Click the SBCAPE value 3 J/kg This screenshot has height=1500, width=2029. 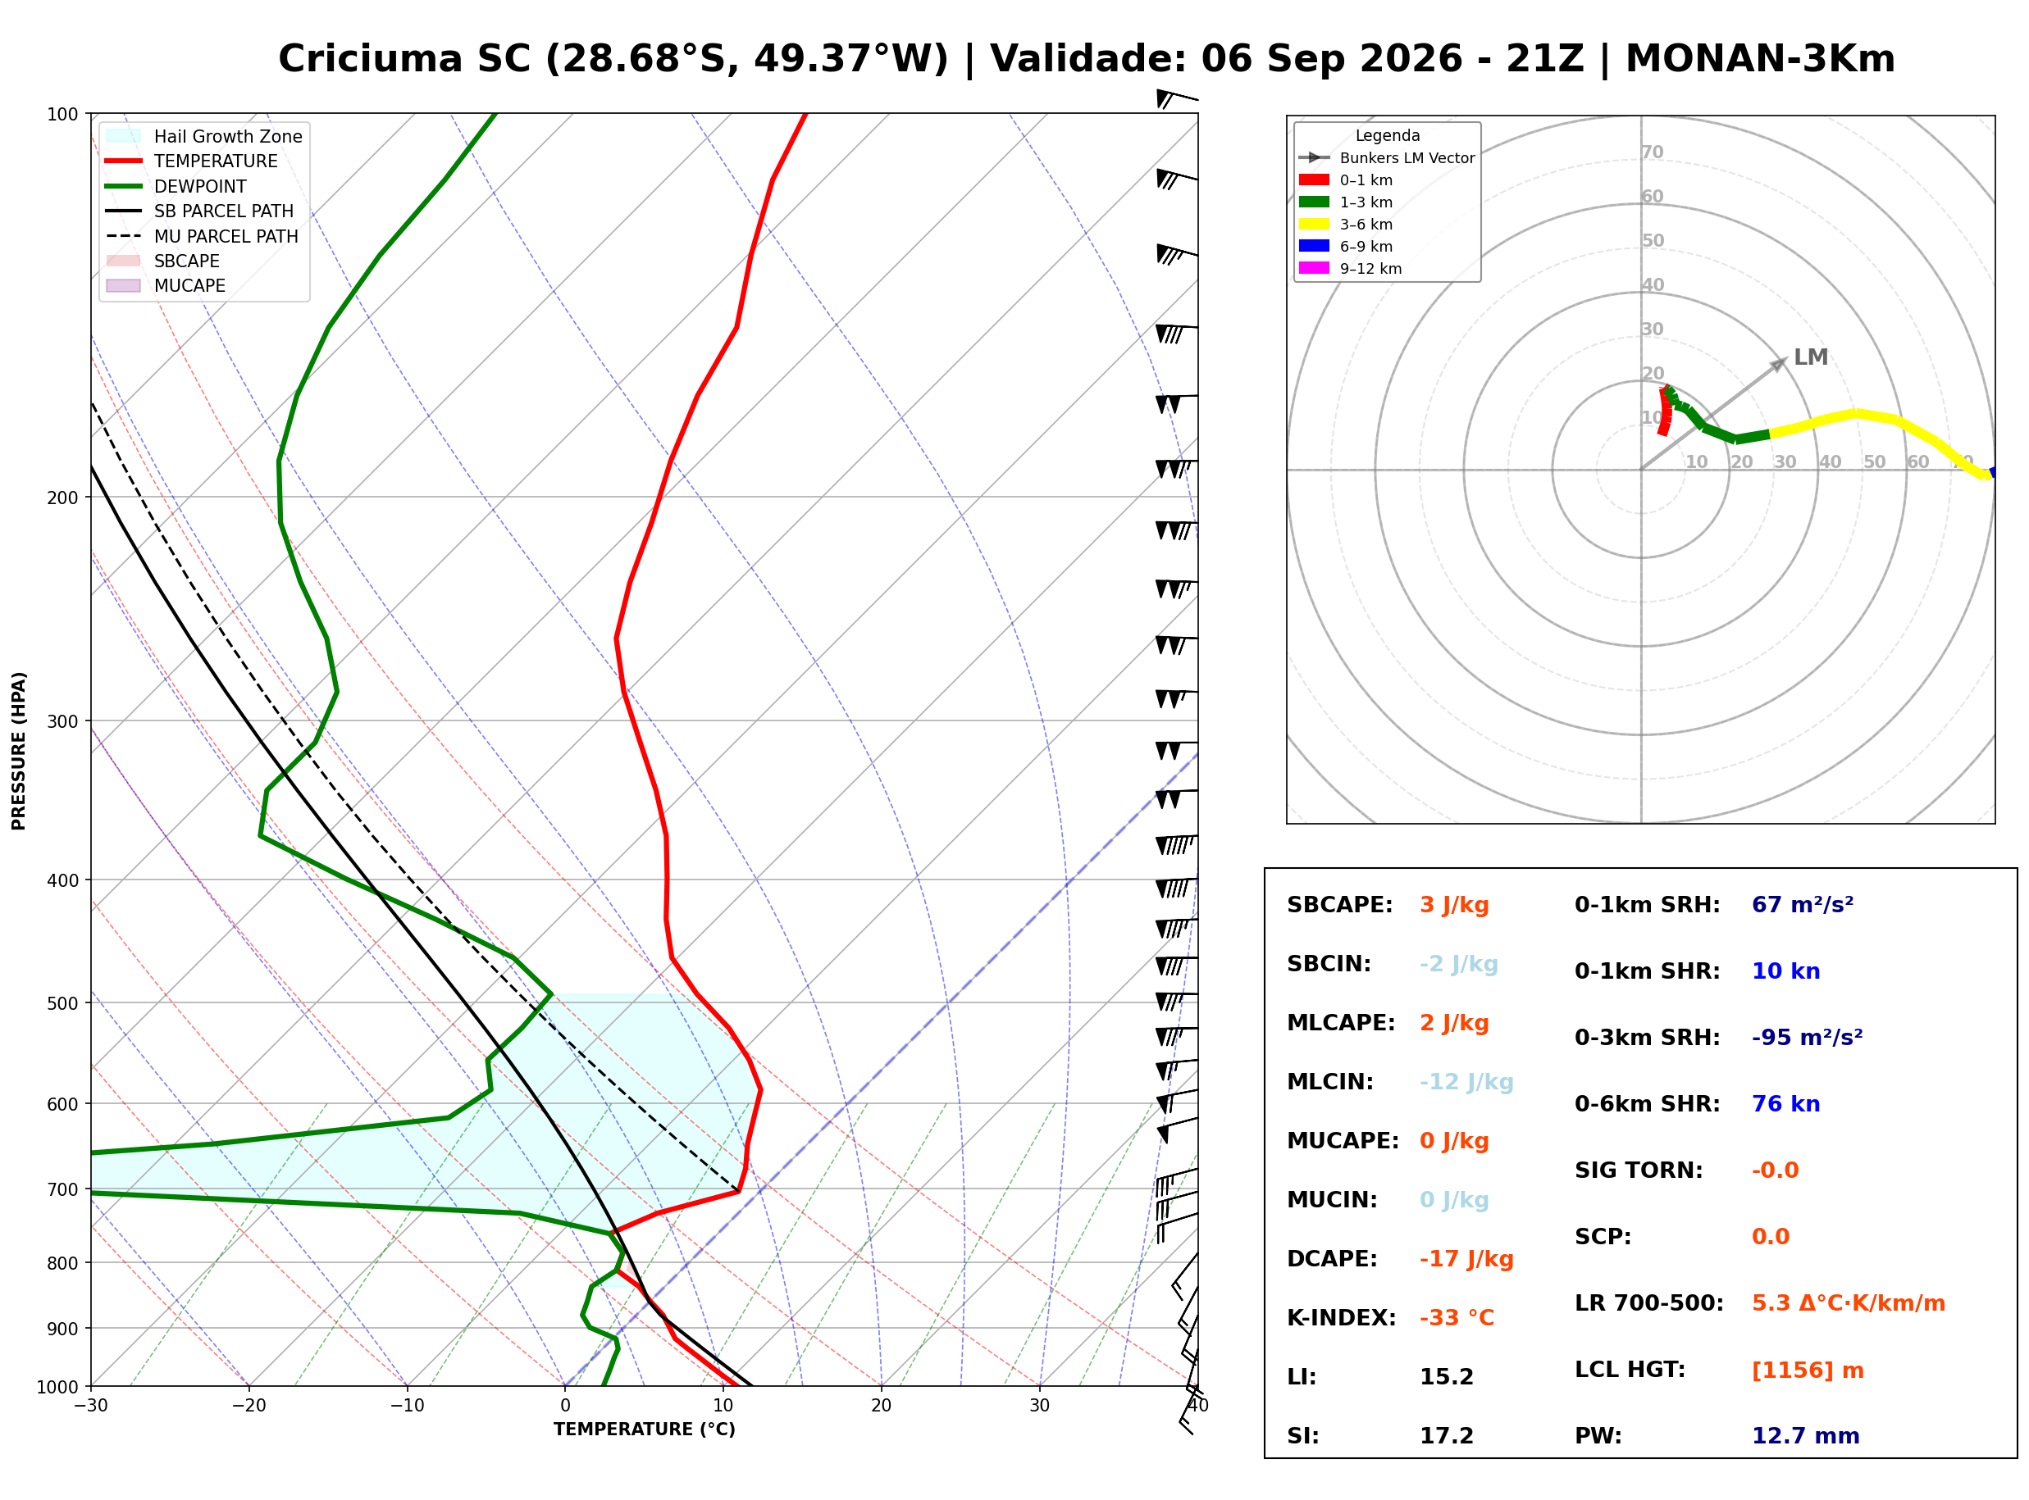1454,905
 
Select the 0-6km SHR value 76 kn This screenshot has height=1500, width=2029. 1785,1104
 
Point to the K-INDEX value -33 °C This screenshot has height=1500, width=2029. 1457,1317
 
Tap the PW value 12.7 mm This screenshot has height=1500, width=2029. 1806,1436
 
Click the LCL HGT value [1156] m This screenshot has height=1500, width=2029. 1808,1370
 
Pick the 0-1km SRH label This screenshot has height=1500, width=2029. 1647,905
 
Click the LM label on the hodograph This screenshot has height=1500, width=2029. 1810,357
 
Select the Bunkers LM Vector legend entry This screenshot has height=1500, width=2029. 1387,158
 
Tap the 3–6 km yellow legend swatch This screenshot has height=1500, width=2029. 1314,225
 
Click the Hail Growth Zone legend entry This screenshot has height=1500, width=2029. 204,136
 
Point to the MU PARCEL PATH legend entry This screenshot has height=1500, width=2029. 203,236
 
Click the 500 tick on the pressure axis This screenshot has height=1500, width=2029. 62,1003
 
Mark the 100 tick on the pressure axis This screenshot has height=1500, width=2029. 62,115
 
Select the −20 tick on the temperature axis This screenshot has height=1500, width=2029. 248,1406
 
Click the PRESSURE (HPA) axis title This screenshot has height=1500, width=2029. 19,751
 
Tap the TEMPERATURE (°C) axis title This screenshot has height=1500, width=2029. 645,1430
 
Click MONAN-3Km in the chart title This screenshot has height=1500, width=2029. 1760,59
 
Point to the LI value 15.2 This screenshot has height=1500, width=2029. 1446,1377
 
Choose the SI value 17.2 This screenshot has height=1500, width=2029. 1446,1436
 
